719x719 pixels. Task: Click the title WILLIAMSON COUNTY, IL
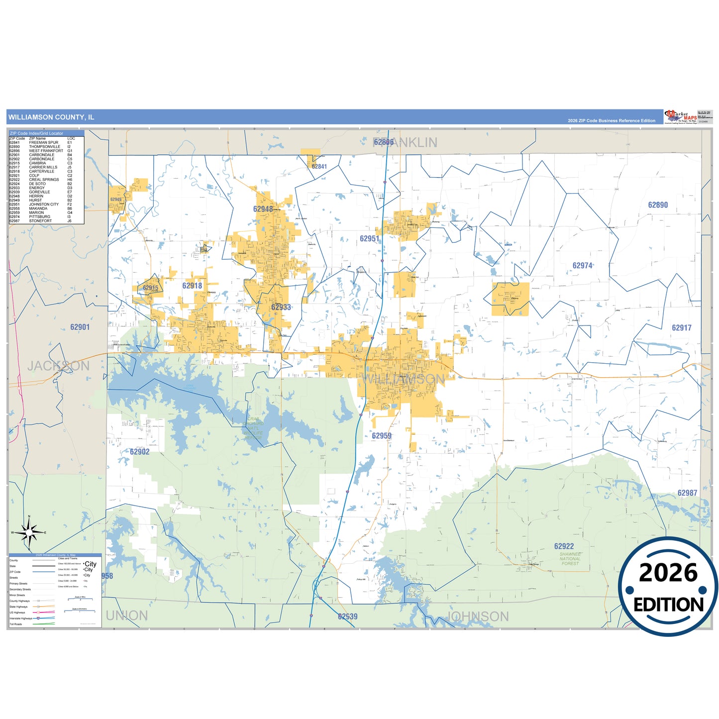coord(51,117)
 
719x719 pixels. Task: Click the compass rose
coord(29,532)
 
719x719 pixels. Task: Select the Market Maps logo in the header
coord(681,117)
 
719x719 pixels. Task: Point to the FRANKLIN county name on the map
coord(405,143)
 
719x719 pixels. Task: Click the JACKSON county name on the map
coord(59,366)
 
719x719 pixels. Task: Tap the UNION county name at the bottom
coord(127,616)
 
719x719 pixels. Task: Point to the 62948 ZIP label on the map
coord(263,209)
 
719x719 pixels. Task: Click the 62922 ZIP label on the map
coord(564,546)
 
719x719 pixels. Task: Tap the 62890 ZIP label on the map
coord(658,205)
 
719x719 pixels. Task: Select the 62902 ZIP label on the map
coord(139,452)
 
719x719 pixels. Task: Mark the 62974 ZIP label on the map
coord(582,266)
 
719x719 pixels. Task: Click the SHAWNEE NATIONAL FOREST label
coord(570,559)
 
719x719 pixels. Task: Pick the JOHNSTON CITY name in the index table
coord(44,205)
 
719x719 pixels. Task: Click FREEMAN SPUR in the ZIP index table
coord(43,143)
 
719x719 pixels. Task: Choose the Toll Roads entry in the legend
coord(16,624)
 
